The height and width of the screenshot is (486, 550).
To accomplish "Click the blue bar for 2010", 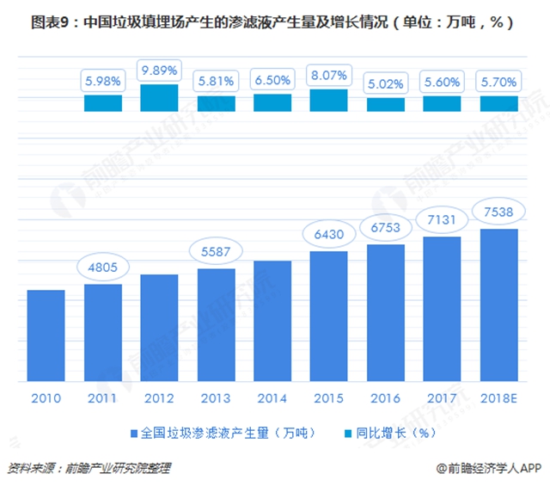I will (46, 335).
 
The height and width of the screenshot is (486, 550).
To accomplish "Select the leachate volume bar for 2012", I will (159, 328).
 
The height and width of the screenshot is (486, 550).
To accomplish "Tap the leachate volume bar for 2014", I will (272, 321).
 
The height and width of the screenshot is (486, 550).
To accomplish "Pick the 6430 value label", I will (329, 234).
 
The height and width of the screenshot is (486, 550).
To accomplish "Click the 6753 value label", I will (386, 226).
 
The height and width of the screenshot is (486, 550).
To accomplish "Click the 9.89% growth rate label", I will (159, 69).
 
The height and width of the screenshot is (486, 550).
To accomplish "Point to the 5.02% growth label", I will (386, 83).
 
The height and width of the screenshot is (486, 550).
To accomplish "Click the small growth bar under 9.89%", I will (159, 98).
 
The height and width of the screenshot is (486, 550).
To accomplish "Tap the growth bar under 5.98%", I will (103, 103).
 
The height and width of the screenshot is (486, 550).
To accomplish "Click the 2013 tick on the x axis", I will (216, 397).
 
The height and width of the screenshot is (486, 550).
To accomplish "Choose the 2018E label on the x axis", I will (498, 397).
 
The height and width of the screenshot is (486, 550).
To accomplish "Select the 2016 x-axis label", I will (386, 397).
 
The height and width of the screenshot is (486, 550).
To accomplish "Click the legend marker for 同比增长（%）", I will (348, 433).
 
